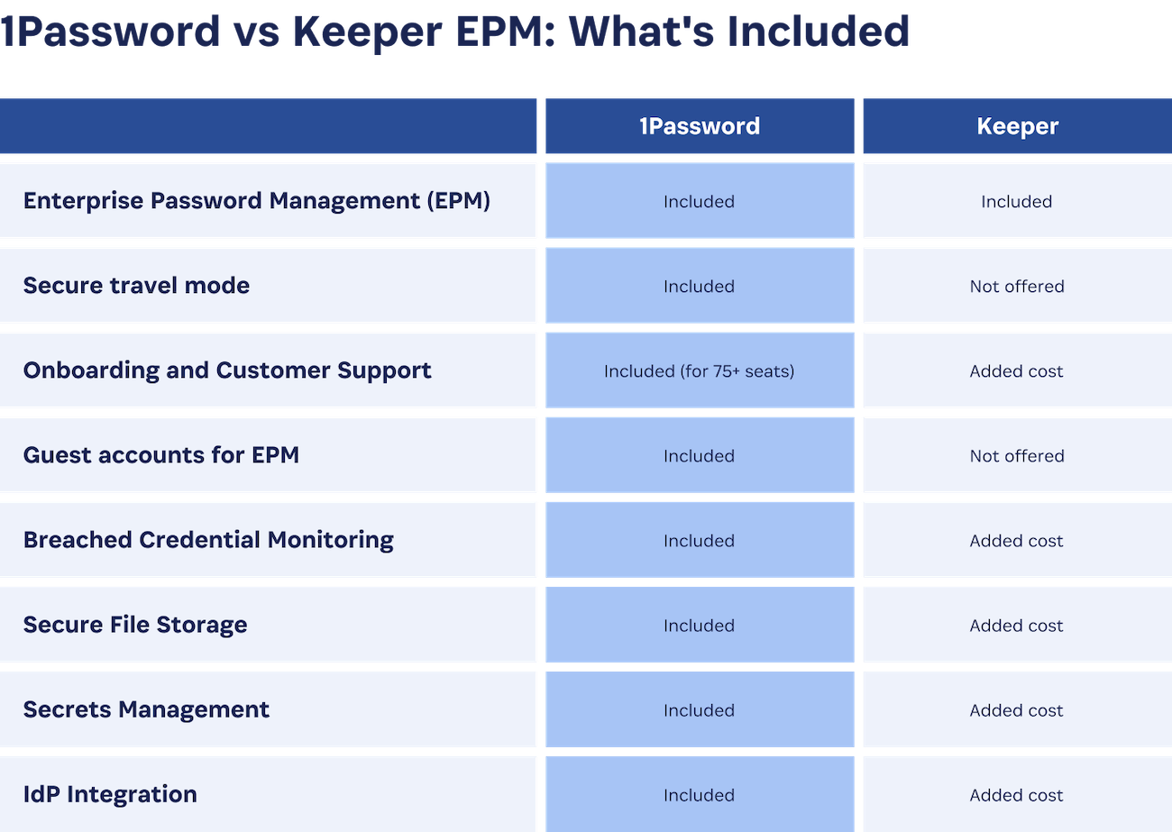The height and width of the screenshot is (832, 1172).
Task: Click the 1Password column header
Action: (x=699, y=126)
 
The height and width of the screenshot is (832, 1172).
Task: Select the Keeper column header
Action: (x=1017, y=126)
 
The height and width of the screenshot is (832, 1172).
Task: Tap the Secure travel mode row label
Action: (x=136, y=286)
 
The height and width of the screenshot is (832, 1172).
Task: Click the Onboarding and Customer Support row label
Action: (x=227, y=370)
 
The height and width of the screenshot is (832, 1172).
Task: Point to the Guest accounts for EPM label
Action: (x=161, y=455)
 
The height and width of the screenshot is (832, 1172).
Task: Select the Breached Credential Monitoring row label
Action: (x=208, y=540)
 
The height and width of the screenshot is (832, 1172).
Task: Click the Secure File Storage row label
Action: (x=135, y=625)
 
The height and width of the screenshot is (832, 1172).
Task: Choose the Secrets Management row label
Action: (x=146, y=709)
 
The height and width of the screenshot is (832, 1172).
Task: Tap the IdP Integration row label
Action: (x=110, y=794)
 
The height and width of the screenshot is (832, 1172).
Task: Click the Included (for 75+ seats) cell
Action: (x=699, y=371)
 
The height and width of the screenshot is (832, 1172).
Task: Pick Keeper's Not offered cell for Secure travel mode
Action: (x=1017, y=287)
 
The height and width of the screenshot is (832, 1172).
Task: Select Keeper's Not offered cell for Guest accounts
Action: (x=1017, y=456)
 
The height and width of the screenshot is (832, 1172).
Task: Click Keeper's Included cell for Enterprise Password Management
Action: (x=1017, y=202)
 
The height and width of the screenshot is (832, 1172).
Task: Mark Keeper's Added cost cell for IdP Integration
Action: (x=1017, y=795)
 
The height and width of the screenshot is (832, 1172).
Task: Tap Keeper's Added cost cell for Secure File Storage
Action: (x=1017, y=626)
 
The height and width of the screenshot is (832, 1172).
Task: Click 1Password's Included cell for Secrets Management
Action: (x=699, y=710)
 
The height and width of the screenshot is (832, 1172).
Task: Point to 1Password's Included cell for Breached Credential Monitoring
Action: (x=699, y=541)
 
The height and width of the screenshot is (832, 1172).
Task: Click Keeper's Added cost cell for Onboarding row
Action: (x=1017, y=371)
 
